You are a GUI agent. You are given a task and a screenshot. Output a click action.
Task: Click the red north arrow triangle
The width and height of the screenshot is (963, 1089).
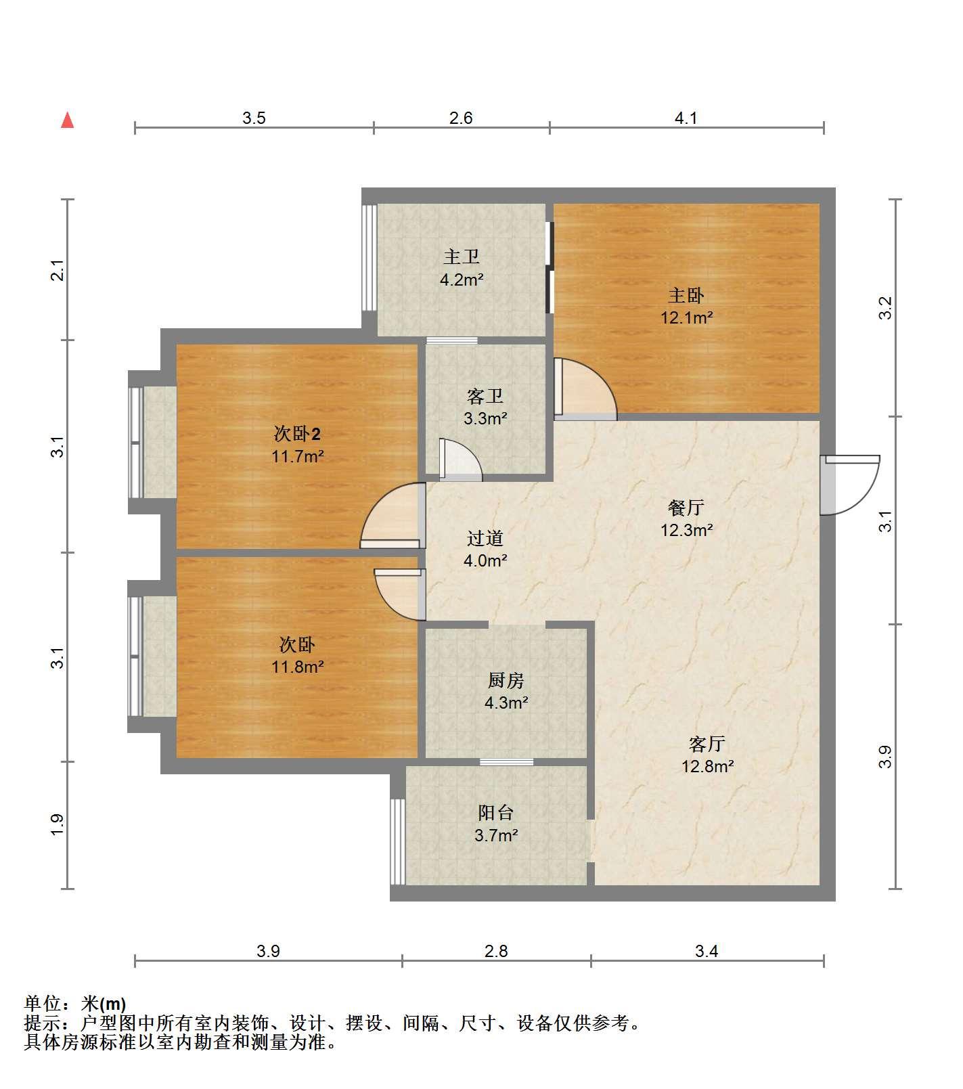(x=67, y=120)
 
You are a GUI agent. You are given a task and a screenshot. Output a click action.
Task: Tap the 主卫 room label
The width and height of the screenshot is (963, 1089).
(x=462, y=257)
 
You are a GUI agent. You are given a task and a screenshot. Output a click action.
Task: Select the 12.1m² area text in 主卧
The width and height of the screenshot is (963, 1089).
(x=687, y=317)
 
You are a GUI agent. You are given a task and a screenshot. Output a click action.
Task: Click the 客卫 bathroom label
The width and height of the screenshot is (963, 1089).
(x=485, y=396)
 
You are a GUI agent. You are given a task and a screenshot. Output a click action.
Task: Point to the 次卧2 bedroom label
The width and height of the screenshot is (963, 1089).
(x=297, y=432)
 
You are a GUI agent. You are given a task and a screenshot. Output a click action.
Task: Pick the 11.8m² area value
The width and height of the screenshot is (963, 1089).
(x=298, y=667)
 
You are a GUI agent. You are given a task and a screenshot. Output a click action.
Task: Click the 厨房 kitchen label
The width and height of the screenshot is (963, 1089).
(x=506, y=680)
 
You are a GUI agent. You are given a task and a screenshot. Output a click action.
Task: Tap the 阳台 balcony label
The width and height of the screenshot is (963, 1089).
(x=496, y=812)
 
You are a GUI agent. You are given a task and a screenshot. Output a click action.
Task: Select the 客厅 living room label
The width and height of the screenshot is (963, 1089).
(x=707, y=744)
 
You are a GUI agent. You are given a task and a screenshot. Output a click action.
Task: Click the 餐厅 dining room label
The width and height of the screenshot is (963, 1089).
(x=686, y=507)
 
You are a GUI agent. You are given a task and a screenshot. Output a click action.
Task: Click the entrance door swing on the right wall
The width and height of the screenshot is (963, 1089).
(x=850, y=485)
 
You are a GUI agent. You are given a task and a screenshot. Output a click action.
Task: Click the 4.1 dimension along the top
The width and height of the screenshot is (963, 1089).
(x=686, y=118)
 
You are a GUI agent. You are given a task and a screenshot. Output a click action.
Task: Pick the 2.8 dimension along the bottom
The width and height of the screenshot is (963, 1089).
(x=496, y=951)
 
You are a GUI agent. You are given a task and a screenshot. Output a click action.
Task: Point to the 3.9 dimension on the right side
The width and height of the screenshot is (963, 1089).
(x=886, y=757)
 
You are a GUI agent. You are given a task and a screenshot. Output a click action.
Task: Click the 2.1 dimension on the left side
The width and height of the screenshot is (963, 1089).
(x=59, y=271)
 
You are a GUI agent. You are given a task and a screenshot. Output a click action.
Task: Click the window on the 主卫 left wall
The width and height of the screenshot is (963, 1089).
(x=369, y=257)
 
